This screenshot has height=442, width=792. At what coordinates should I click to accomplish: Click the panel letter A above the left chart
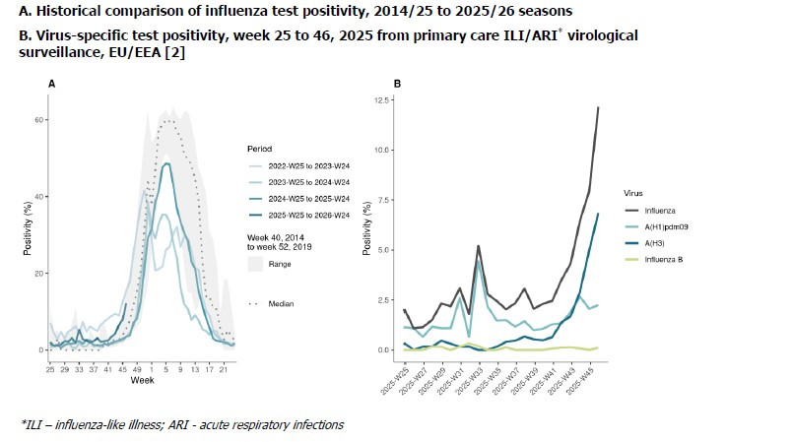pyautogui.click(x=51, y=85)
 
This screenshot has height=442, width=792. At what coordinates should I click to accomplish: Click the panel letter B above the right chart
pyautogui.click(x=397, y=85)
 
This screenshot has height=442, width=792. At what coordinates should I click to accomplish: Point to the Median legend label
pyautogui.click(x=282, y=303)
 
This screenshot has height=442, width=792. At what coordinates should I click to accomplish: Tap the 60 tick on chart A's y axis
pyautogui.click(x=40, y=120)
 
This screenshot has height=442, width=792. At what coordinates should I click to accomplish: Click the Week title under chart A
pyautogui.click(x=143, y=380)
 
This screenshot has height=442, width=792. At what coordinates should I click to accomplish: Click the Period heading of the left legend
pyautogui.click(x=259, y=150)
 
